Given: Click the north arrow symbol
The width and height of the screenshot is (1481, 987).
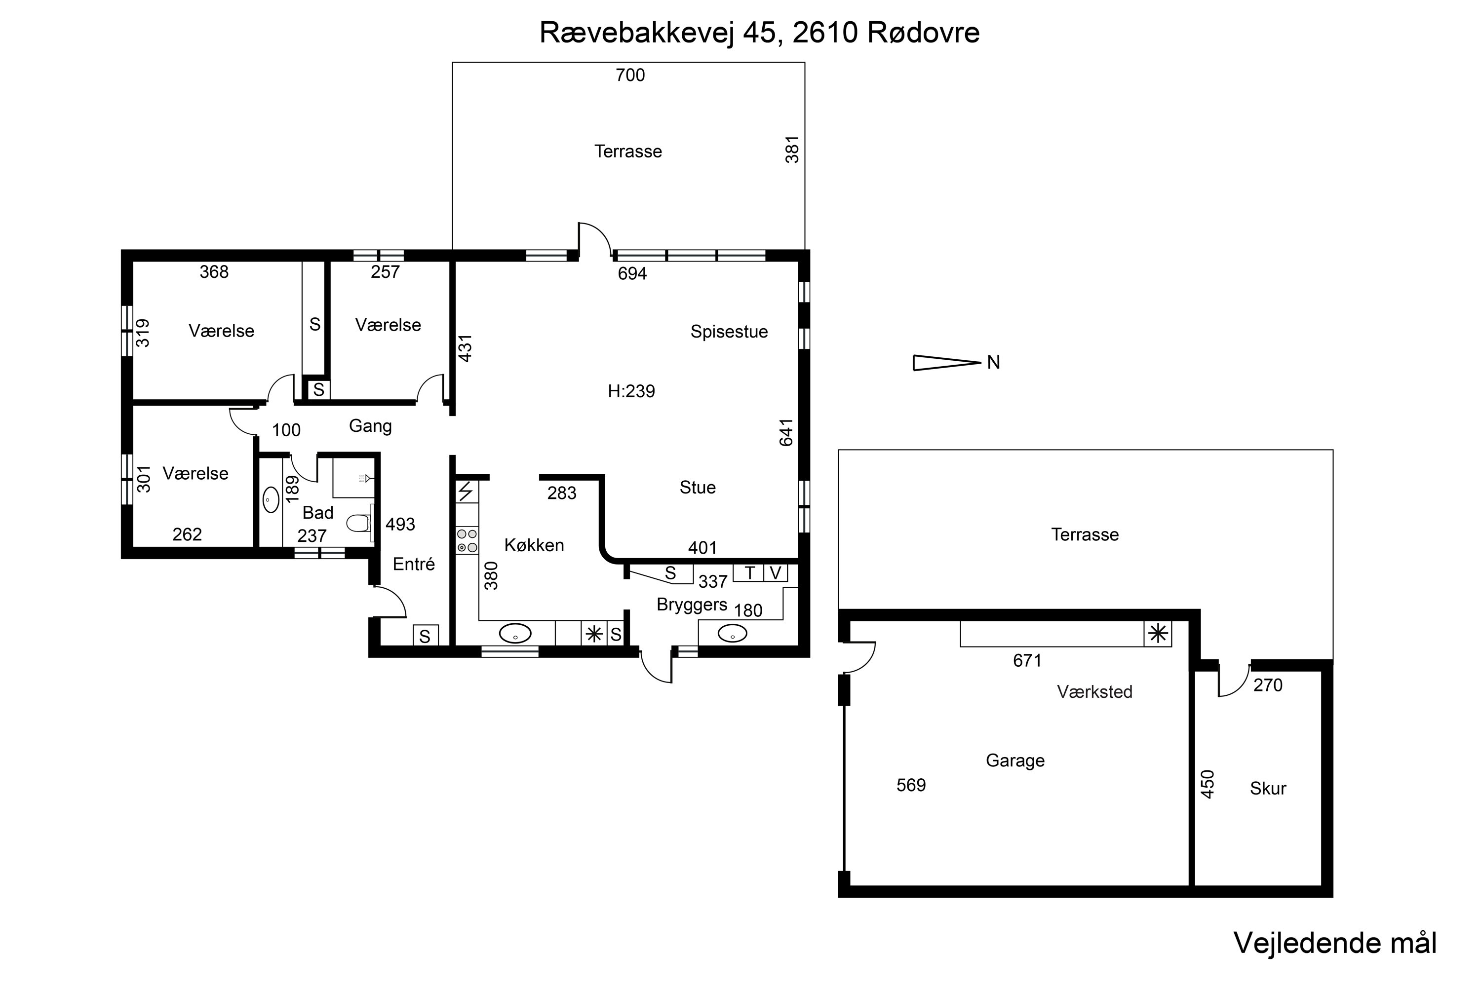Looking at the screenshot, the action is coord(947,363).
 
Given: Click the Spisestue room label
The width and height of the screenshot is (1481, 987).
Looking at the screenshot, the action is coord(729,332).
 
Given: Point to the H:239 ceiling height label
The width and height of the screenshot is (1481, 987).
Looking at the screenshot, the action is coord(631,391).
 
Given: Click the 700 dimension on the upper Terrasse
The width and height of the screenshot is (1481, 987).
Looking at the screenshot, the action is coord(630,75).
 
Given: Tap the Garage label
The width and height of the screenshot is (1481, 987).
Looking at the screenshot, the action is coord(1015,760).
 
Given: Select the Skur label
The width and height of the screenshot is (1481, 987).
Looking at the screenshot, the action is coord(1268,788).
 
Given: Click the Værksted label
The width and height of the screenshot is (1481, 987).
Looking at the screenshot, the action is coord(1094,692).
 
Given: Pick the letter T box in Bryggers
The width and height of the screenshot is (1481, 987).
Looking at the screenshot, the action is coord(749,573).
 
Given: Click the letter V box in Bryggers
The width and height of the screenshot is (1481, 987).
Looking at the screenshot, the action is coord(776,573).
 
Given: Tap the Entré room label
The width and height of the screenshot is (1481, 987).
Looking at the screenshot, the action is coord(414,564).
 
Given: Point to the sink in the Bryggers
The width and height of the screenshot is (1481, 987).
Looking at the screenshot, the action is coord(732,633).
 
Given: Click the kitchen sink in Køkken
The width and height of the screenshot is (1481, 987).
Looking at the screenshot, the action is coord(515,633).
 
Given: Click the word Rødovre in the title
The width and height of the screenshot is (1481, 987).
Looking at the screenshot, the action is coord(923,33).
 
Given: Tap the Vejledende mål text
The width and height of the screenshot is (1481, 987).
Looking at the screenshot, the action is coord(1335,943).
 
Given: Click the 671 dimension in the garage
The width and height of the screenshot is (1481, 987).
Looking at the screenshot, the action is coord(1027,660).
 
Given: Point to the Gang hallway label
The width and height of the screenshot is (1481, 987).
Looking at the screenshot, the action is coord(370,427).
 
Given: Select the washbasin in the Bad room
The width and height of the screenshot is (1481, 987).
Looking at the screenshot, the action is coord(271,500).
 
